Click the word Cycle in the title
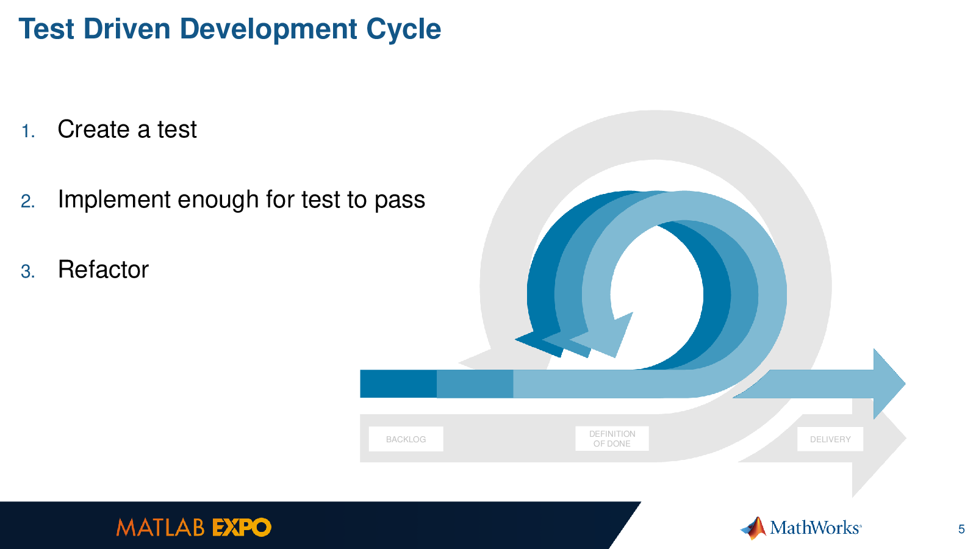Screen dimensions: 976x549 coord(403,30)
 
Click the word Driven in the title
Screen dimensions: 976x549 coord(127,29)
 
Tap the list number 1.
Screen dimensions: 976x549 coord(28,131)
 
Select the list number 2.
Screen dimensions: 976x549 coord(28,201)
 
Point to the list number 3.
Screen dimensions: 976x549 coord(28,271)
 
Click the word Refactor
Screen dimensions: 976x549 coord(103,269)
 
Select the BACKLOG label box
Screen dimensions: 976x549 coord(406,439)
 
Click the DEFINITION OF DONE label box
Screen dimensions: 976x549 coord(612,439)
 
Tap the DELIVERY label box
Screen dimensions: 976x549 coord(830,439)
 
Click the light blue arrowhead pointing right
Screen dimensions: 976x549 coord(889,384)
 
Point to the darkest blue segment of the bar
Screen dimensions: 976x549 coord(398,384)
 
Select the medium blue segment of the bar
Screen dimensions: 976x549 coord(475,384)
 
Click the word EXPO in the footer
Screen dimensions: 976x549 coord(242,528)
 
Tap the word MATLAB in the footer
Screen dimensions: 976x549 coord(160,528)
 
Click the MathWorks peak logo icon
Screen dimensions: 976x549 coord(754,528)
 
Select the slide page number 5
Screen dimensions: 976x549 coord(961,529)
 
